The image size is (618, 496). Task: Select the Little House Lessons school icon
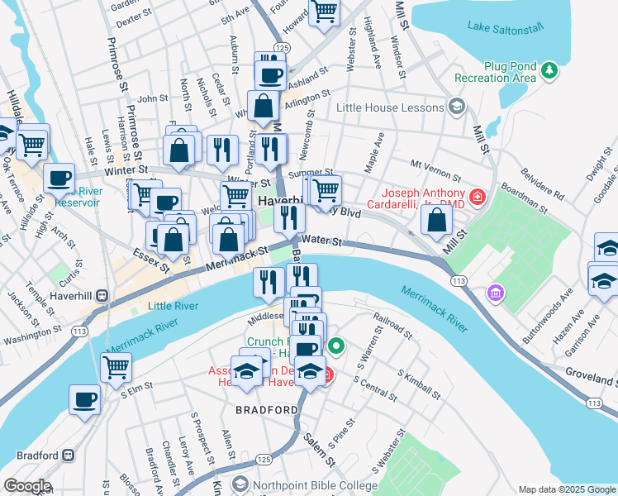[x=455, y=107]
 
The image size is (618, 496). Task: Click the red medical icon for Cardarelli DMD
[x=477, y=197]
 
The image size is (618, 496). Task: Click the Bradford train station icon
[x=69, y=455]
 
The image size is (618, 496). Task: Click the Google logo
[x=28, y=485]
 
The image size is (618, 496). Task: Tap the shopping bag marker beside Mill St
[x=437, y=219]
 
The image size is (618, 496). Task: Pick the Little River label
[x=173, y=306]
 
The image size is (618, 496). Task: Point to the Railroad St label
[x=393, y=326]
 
